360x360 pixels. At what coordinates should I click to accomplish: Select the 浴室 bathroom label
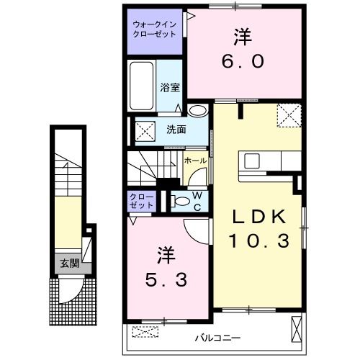click(170, 88)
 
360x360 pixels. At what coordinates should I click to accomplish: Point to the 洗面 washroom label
click(176, 130)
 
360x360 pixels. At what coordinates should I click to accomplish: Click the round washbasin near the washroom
click(197, 111)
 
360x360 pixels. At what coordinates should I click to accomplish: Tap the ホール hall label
click(195, 161)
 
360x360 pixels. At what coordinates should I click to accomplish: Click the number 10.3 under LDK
click(259, 240)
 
